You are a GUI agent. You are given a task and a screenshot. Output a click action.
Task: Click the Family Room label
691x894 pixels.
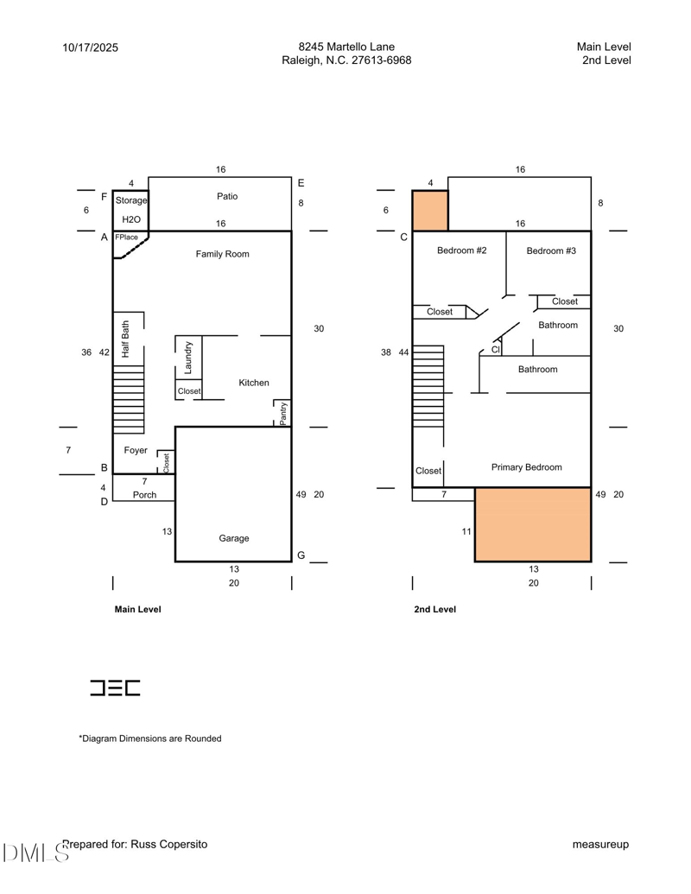[x=222, y=254]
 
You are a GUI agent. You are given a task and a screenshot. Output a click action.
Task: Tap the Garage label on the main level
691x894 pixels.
[x=233, y=538]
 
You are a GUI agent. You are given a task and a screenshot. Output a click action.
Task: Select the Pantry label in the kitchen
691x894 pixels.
[x=283, y=413]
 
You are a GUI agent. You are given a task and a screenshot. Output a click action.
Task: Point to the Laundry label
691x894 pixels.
[x=188, y=358]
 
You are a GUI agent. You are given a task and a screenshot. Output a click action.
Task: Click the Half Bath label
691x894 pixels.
[x=125, y=339]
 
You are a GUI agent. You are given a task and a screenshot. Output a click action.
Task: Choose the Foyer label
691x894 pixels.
[x=136, y=451]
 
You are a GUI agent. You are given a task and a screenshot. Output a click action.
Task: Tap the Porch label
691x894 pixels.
[x=144, y=495]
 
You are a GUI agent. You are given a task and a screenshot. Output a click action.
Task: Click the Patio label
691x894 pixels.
[x=227, y=196]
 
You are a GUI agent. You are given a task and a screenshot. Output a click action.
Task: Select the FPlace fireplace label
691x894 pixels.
[x=127, y=237]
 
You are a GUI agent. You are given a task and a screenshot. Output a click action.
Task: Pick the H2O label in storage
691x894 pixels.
[x=130, y=219]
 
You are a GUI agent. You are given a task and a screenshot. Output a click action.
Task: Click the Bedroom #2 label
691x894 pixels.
[x=462, y=250]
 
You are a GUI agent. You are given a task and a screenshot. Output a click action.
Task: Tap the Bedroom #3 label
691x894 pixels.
[x=551, y=250]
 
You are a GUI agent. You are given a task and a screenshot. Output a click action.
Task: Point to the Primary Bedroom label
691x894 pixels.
[x=526, y=467]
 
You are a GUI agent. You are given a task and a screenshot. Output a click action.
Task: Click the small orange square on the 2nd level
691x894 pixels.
[x=430, y=211]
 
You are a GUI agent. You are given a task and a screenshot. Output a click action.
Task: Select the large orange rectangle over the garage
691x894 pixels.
[x=533, y=524]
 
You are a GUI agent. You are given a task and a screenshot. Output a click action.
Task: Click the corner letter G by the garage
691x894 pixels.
[x=301, y=555]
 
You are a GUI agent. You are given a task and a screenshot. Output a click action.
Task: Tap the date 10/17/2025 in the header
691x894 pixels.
[x=91, y=48]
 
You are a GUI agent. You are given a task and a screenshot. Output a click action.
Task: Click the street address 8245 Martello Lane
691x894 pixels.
[x=346, y=47]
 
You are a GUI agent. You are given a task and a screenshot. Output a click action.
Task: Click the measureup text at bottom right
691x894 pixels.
[x=600, y=844]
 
